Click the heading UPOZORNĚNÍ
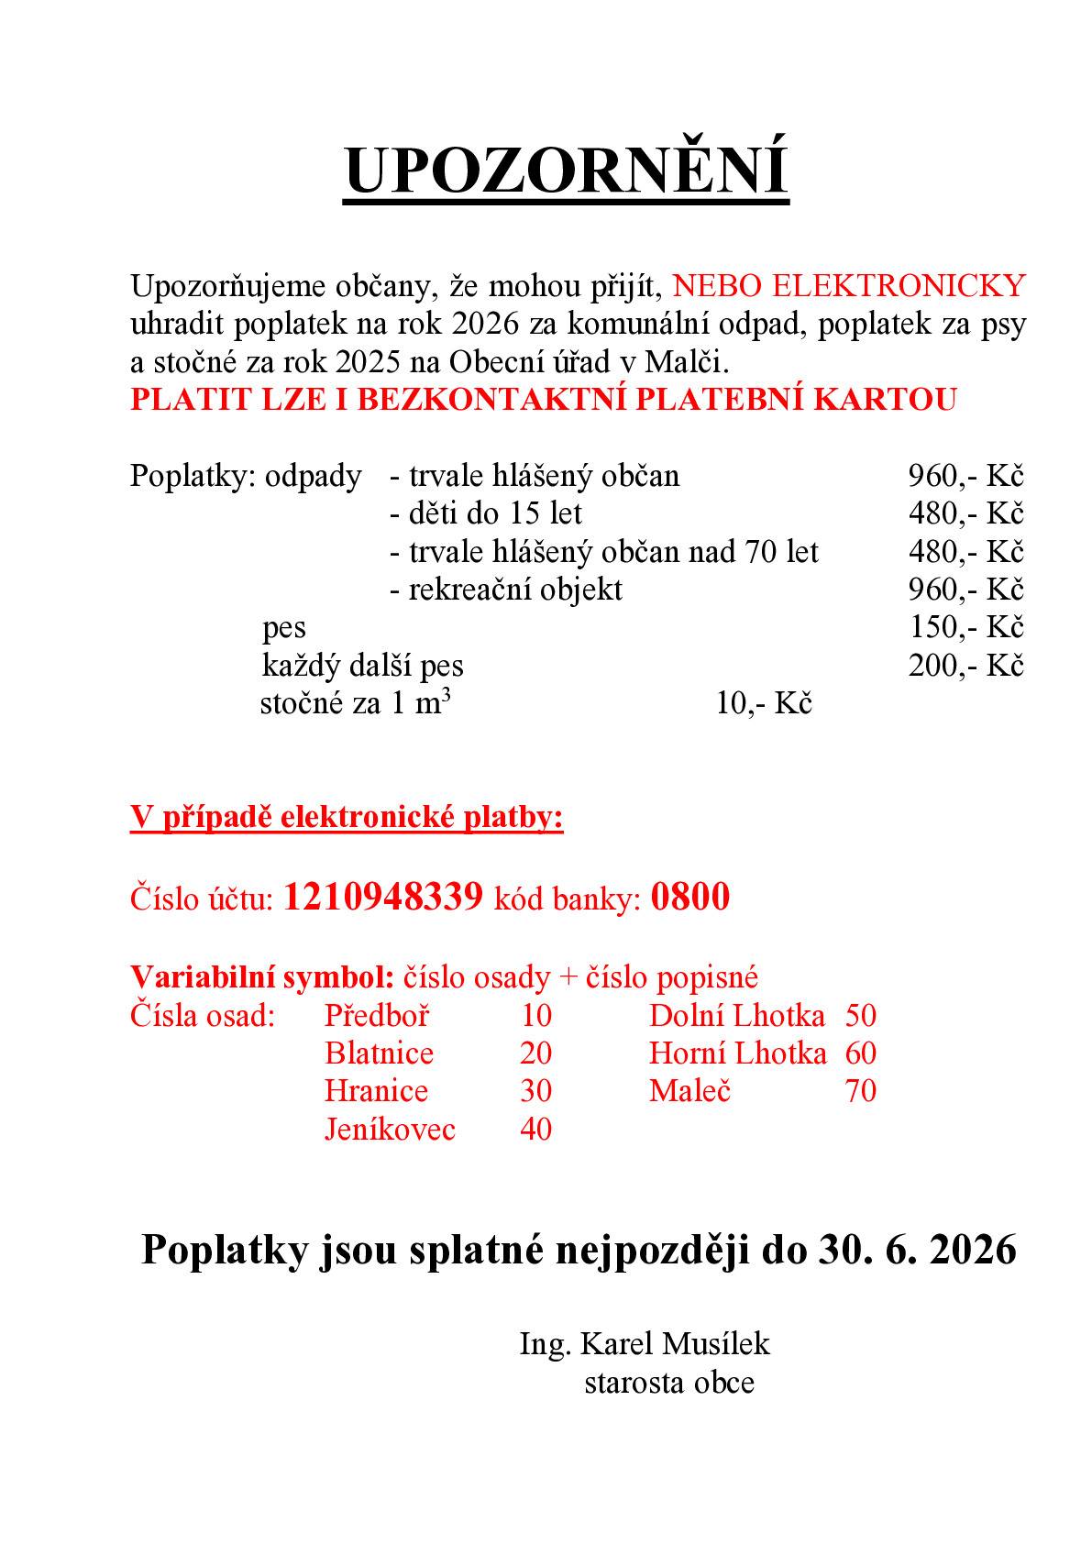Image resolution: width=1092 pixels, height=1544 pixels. (x=566, y=171)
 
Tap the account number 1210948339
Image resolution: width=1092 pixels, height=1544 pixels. (x=382, y=897)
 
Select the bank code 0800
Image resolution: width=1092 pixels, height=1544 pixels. (x=689, y=897)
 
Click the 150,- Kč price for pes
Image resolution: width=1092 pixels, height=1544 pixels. (x=965, y=627)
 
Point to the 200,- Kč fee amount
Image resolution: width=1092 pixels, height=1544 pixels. (x=965, y=666)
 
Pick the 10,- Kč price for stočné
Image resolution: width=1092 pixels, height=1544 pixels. (x=764, y=703)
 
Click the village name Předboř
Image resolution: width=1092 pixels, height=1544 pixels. (x=377, y=1016)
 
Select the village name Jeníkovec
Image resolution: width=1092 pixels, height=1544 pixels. (x=390, y=1129)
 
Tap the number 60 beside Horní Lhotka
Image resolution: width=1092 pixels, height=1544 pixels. (x=860, y=1053)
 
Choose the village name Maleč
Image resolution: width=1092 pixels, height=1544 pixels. (x=689, y=1091)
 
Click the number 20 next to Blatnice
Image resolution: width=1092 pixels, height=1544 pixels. (x=535, y=1053)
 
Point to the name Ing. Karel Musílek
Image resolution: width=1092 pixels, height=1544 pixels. (x=645, y=1344)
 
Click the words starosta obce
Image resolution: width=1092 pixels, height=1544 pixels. (x=669, y=1382)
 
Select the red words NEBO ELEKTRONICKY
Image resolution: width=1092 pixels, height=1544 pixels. (x=849, y=286)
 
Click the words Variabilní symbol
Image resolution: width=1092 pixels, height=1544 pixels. (x=262, y=977)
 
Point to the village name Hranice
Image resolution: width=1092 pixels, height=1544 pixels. (x=376, y=1091)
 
